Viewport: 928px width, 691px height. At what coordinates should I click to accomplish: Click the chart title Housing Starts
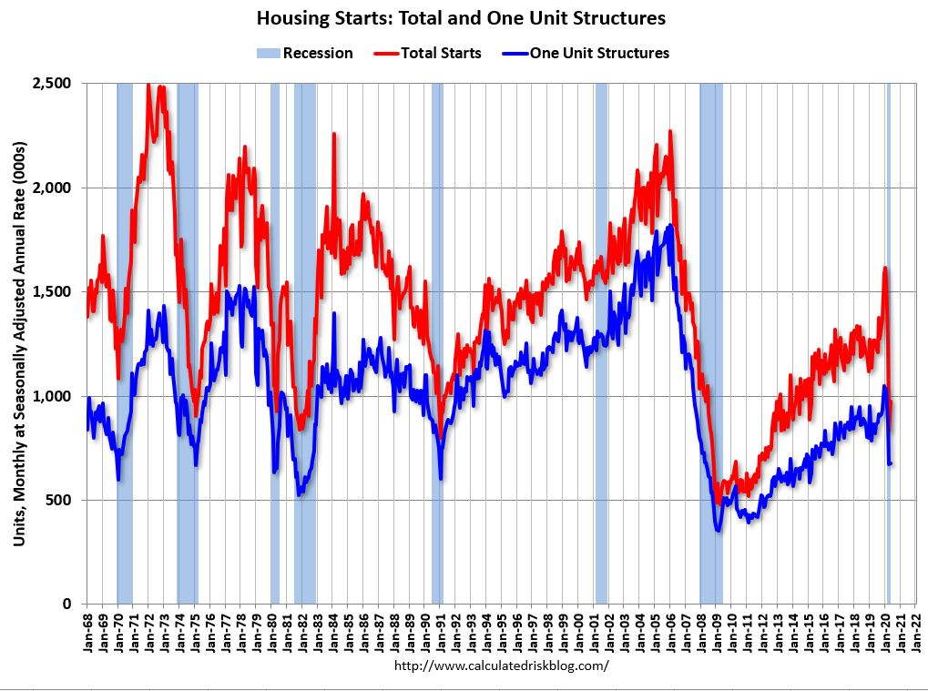(x=461, y=18)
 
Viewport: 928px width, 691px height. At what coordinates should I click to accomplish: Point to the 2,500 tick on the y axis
(x=54, y=84)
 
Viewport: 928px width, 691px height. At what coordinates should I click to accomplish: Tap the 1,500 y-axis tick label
(x=54, y=292)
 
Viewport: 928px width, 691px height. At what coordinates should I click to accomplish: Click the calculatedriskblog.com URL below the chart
(x=501, y=666)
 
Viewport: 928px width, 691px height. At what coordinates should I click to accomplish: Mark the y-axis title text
(x=19, y=344)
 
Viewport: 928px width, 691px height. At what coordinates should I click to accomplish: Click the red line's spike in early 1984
(x=333, y=134)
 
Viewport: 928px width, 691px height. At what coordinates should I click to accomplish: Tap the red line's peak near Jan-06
(x=670, y=131)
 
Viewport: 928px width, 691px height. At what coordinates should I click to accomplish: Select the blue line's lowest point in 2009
(x=719, y=530)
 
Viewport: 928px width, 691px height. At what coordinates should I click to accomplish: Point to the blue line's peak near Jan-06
(x=670, y=225)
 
